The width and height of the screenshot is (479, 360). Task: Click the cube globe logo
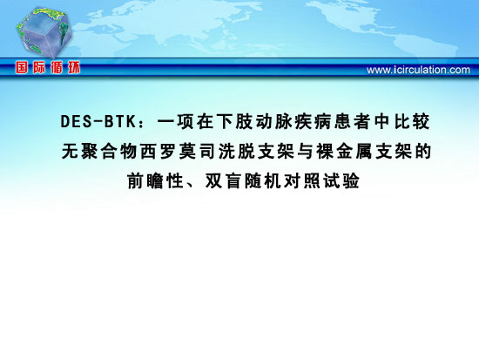coord(44,32)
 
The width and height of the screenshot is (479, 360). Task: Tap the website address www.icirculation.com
coord(418,70)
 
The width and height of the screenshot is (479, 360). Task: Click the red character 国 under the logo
coord(22,68)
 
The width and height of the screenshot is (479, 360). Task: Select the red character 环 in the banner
coord(74,68)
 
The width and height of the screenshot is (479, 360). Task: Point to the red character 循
coord(57,68)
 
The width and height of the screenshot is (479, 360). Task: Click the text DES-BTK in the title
coord(98,121)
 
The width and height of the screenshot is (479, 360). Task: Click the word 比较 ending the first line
coord(412,121)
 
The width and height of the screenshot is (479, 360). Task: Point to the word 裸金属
coord(345,151)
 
